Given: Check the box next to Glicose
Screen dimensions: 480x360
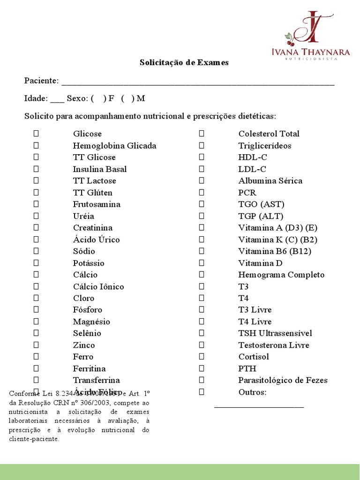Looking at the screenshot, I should (x=36, y=134).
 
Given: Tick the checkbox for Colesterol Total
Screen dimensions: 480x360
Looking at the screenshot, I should (x=202, y=134).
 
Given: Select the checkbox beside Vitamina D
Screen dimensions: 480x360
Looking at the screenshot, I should (x=202, y=263).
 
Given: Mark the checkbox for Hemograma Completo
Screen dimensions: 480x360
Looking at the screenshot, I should (x=202, y=275).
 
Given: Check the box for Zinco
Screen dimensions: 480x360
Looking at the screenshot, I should (x=36, y=345).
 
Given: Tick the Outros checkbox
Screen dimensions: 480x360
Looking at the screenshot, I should (x=202, y=392).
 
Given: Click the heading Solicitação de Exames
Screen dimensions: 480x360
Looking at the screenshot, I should (x=184, y=62).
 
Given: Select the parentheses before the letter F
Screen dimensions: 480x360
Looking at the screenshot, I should (x=98, y=98).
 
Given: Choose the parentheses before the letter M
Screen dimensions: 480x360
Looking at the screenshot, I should (x=127, y=98).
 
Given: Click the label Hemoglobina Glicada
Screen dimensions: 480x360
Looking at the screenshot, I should (x=114, y=146).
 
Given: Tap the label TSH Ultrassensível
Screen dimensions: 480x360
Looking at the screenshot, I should (x=275, y=333).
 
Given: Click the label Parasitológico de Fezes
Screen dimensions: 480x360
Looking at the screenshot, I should (x=283, y=380).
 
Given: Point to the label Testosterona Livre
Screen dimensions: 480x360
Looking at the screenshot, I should (x=274, y=345).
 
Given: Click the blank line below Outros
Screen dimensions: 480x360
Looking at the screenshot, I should (x=259, y=406).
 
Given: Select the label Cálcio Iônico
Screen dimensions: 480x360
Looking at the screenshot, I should (x=98, y=286).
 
